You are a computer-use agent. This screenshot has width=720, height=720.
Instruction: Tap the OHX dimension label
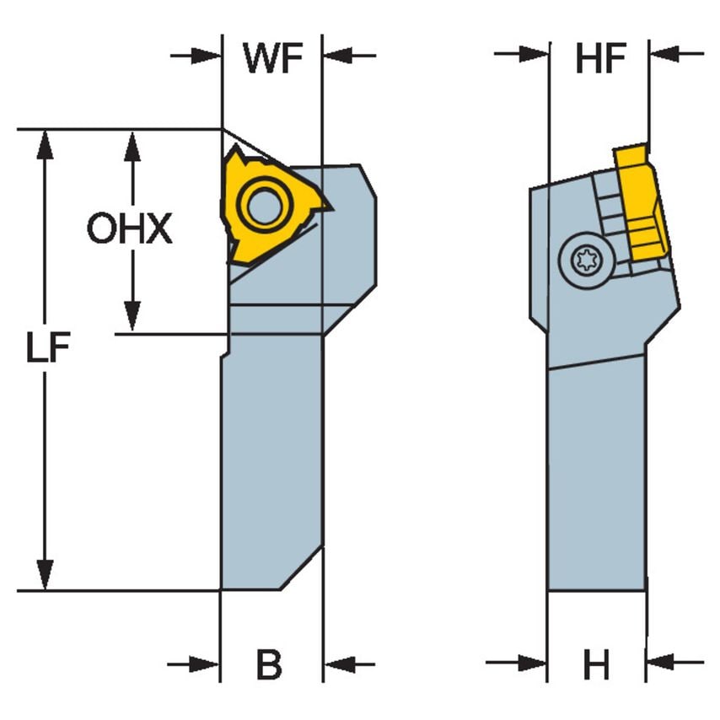coord(130,229)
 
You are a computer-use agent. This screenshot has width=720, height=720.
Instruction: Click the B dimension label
coord(269,666)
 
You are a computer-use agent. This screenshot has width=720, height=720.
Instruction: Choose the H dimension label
coord(596,666)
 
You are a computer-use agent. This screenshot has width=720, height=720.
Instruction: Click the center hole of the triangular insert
coord(265,206)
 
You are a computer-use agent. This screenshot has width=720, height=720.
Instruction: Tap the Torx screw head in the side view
coord(585,261)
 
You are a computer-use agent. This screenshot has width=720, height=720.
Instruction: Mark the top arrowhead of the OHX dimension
coord(131,143)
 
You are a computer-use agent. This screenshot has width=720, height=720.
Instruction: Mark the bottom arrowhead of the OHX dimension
coord(131,319)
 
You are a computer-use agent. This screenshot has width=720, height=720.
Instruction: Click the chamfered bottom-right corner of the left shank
coord(302,568)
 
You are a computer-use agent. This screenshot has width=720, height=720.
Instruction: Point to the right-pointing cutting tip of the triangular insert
coord(330,207)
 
